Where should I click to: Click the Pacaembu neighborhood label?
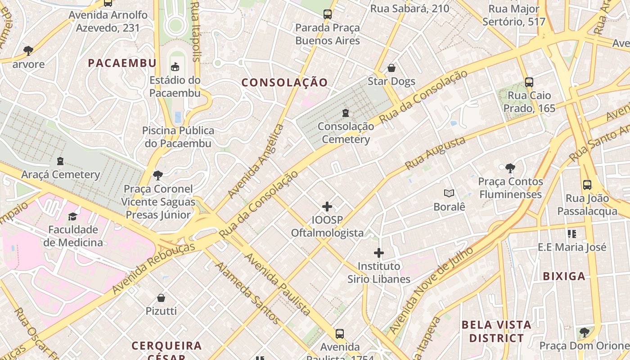[x=122, y=63]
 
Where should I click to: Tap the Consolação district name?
[x=284, y=82]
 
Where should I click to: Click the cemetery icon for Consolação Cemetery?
[x=346, y=113]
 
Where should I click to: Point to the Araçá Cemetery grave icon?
[x=60, y=161]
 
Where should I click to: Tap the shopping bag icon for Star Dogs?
[x=391, y=68]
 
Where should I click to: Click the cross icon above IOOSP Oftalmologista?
[x=327, y=207]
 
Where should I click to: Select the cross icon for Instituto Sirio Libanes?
[x=379, y=253]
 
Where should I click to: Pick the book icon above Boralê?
[x=449, y=193]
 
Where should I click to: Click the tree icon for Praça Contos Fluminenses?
[x=510, y=168]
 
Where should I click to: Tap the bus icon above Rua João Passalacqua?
[x=587, y=184]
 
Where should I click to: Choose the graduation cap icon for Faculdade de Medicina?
[x=73, y=217]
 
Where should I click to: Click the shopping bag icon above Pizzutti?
[x=161, y=298]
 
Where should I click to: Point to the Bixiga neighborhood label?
[x=564, y=276]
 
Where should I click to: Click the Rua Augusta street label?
[x=435, y=153]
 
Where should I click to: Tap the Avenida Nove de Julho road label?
[x=431, y=290]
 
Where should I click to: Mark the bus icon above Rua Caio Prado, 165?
[x=529, y=82]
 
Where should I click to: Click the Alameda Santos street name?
[x=247, y=292]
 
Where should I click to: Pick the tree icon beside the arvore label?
[x=28, y=50]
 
